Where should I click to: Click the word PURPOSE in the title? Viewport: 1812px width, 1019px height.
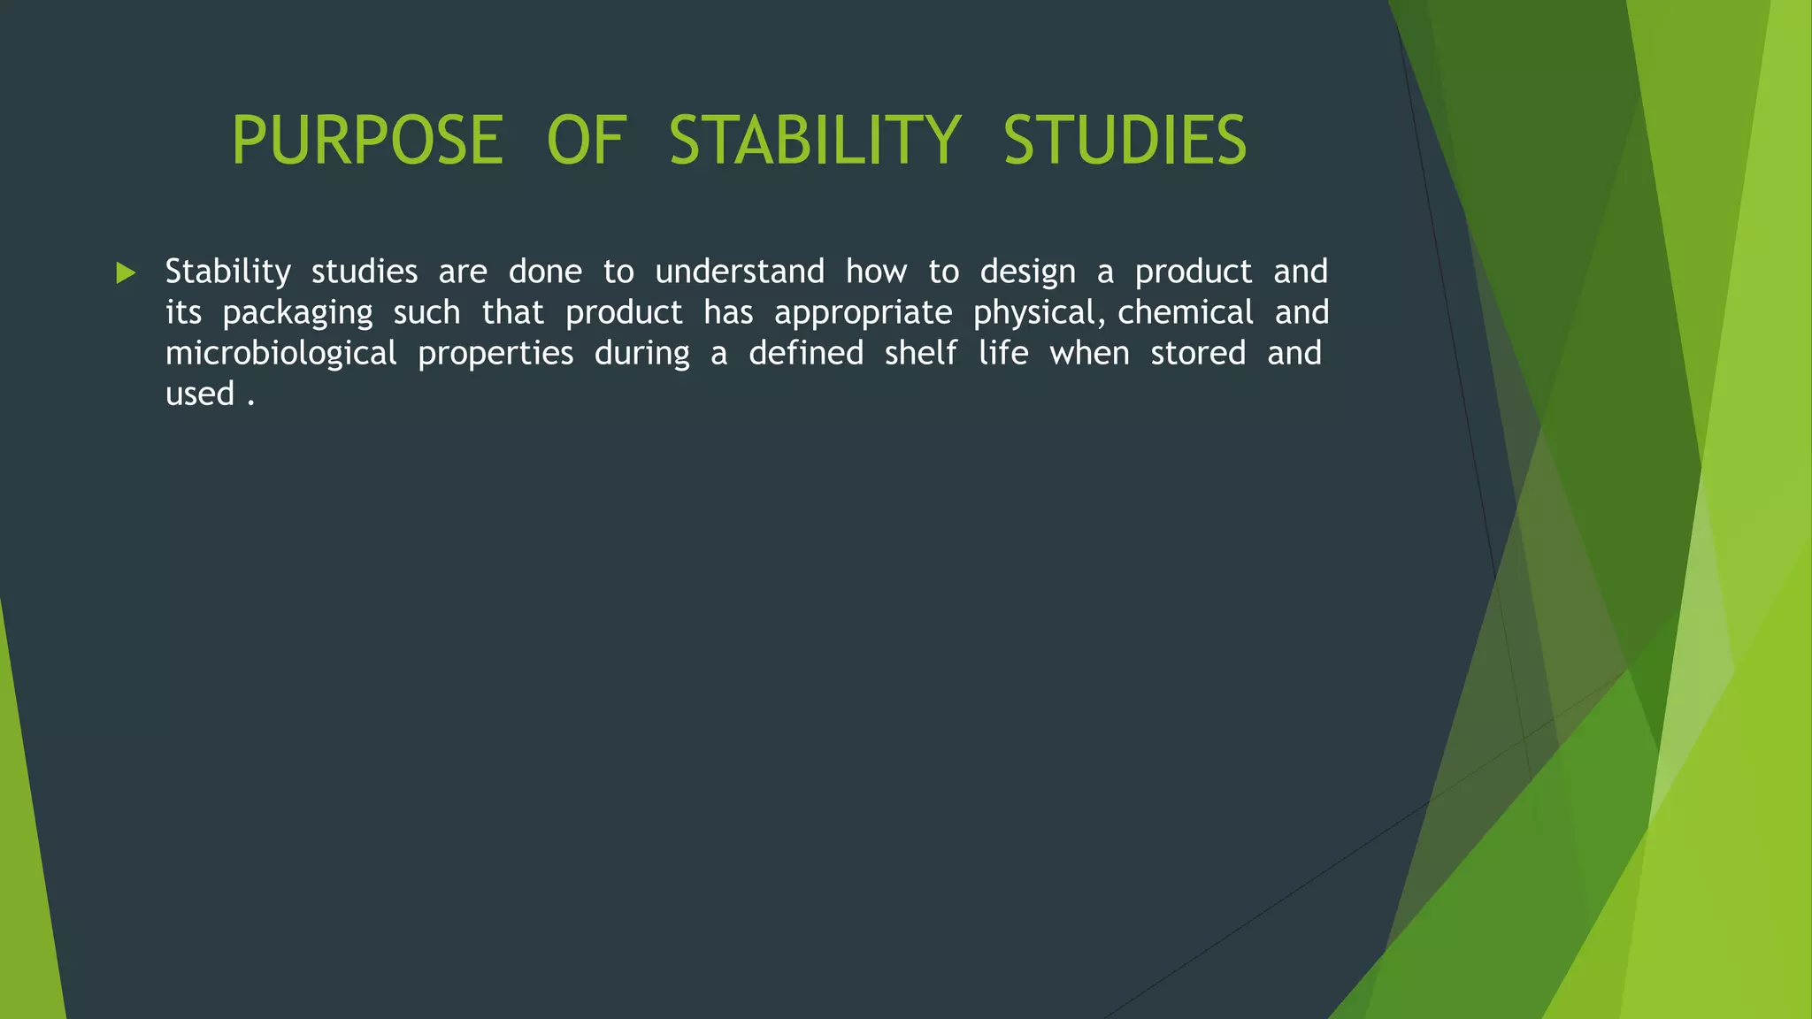click(367, 141)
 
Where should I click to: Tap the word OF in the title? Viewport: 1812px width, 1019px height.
click(586, 141)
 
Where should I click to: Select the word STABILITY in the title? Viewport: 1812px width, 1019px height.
click(814, 141)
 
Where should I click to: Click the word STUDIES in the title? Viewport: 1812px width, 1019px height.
click(1125, 141)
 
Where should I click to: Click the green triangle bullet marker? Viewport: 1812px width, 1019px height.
click(126, 273)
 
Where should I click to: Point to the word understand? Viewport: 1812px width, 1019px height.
click(740, 272)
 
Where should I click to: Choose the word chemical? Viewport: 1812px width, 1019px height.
click(1186, 312)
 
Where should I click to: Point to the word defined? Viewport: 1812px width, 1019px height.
click(806, 353)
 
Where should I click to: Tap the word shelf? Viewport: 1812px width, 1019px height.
click(920, 353)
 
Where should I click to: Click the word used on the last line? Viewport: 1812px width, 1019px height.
click(200, 395)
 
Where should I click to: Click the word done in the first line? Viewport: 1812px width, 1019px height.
click(545, 272)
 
